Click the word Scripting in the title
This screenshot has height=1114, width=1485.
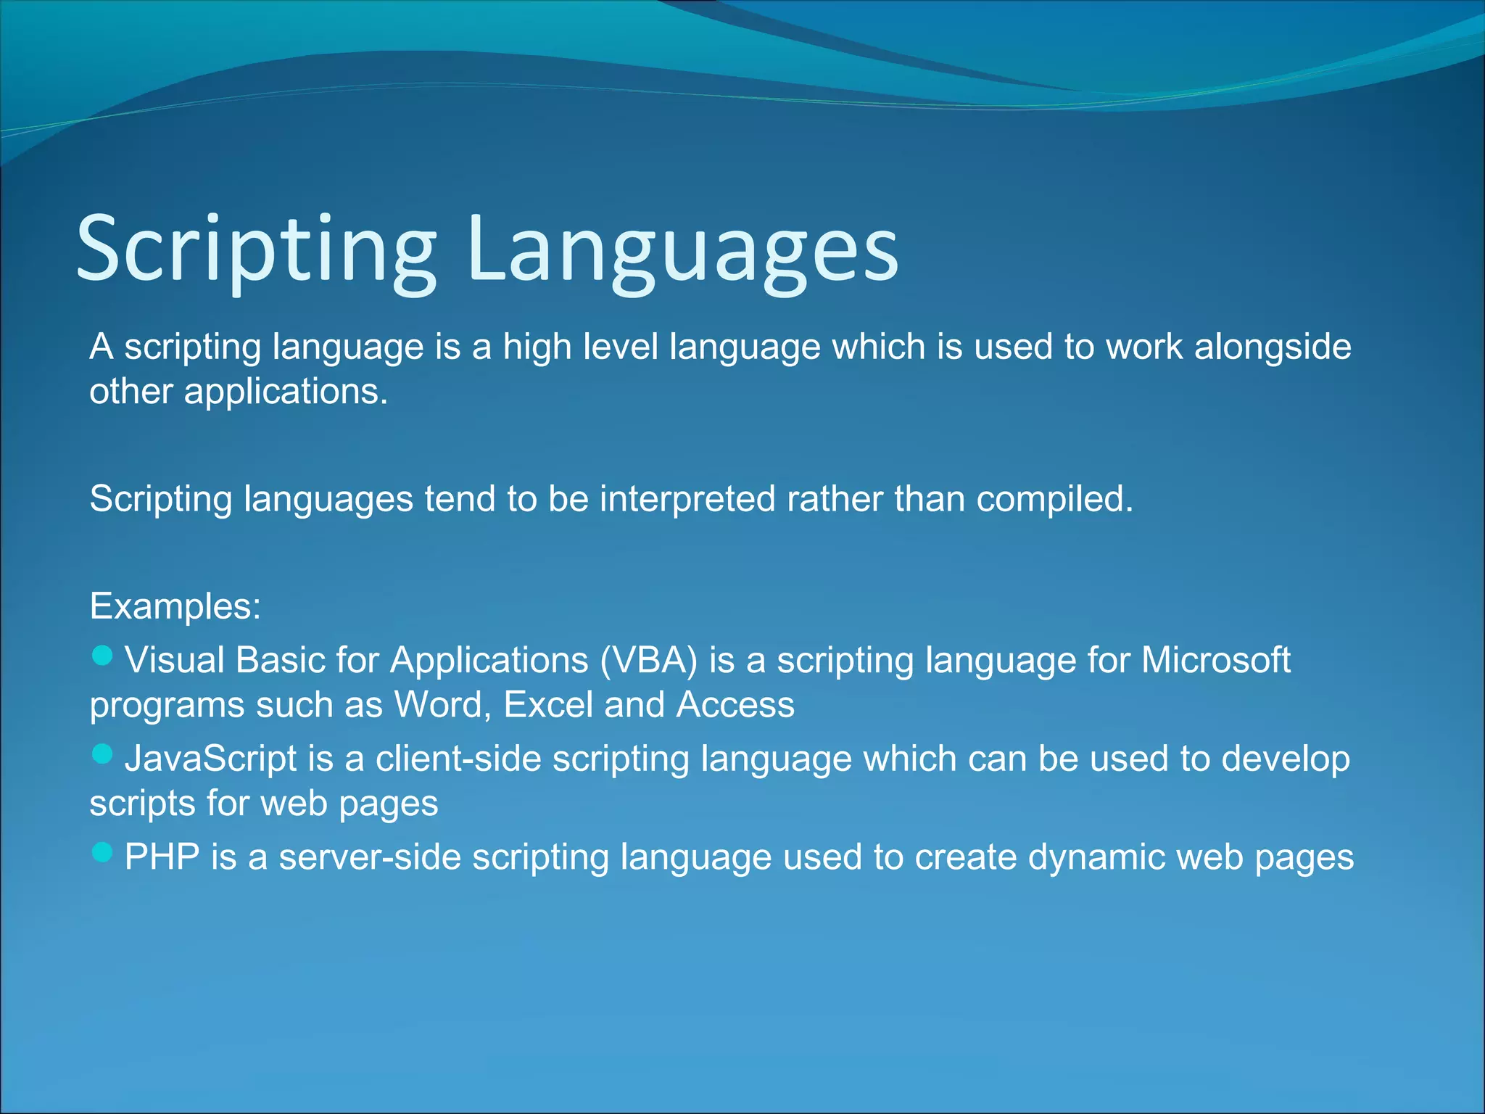click(x=255, y=249)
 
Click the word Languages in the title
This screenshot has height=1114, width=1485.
click(x=683, y=249)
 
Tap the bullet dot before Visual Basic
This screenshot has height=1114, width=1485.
click(x=103, y=656)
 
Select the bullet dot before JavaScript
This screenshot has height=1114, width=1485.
click(x=103, y=754)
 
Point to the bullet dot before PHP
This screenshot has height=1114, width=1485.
click(x=103, y=852)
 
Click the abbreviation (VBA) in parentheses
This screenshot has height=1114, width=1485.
click(x=648, y=661)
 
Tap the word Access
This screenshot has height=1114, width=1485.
click(x=735, y=705)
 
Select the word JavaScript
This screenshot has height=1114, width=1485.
click(x=210, y=759)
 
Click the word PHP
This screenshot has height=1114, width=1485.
click(x=162, y=857)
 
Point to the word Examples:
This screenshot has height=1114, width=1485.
click(x=175, y=606)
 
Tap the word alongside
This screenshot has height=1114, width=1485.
click(x=1273, y=347)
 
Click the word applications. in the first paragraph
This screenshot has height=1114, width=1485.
click(x=286, y=392)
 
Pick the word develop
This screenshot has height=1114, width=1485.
click(x=1285, y=759)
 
